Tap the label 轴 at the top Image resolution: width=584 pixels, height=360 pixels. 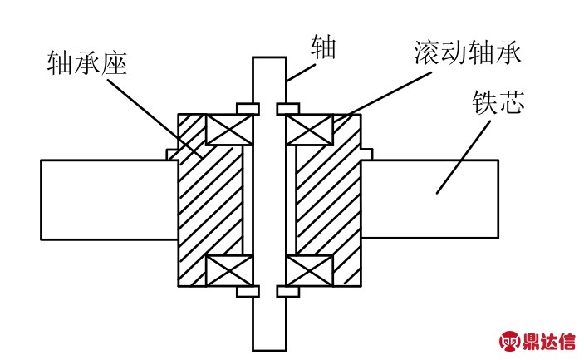[x=322, y=47]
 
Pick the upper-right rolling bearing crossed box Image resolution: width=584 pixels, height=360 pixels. [x=310, y=131]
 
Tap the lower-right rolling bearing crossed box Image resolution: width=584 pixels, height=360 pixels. [x=310, y=270]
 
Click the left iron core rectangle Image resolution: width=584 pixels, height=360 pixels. [x=108, y=200]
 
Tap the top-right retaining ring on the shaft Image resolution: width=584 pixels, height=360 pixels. [x=287, y=108]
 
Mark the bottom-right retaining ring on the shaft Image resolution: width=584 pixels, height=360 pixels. [x=287, y=292]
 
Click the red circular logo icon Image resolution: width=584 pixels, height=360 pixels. [x=509, y=342]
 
